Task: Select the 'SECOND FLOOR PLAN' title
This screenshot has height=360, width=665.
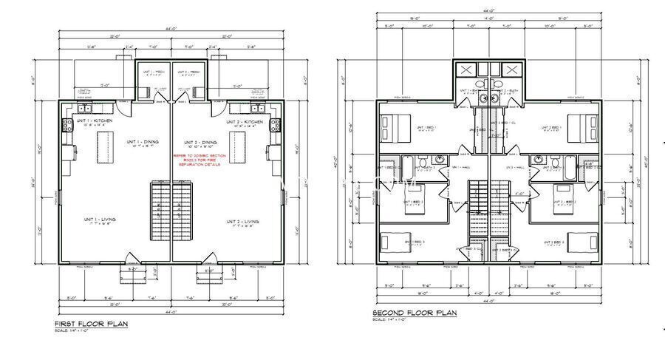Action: (x=415, y=313)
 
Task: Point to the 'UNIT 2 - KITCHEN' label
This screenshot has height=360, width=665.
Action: (x=245, y=121)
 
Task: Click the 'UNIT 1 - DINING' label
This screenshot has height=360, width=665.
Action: (x=141, y=142)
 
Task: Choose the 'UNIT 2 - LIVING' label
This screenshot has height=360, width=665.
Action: (x=242, y=221)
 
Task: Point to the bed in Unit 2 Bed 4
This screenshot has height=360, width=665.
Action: (x=582, y=241)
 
